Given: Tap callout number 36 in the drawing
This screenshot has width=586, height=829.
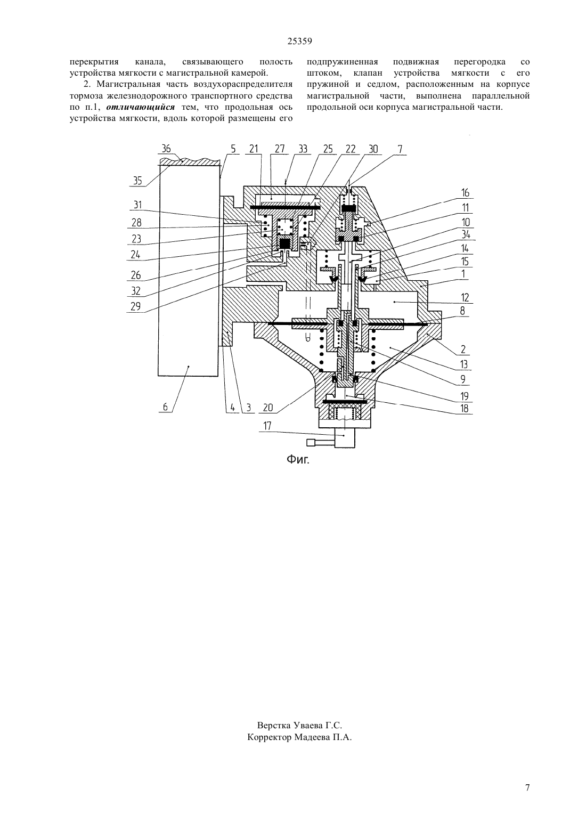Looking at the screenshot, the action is pyautogui.click(x=166, y=149).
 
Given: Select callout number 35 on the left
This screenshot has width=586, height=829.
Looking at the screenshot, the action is pyautogui.click(x=137, y=181).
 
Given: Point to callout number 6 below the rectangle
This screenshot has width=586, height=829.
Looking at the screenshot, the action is pyautogui.click(x=165, y=407).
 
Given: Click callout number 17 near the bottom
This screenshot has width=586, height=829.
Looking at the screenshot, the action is pyautogui.click(x=267, y=426).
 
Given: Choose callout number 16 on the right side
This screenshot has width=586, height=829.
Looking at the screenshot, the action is pyautogui.click(x=465, y=193).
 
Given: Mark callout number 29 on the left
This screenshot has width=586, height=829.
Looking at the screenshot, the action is pyautogui.click(x=136, y=307).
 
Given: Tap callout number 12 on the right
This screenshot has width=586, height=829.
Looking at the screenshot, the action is pyautogui.click(x=465, y=297).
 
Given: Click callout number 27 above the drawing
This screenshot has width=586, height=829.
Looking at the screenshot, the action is pyautogui.click(x=280, y=149).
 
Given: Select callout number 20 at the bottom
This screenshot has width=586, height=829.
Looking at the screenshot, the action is pyautogui.click(x=268, y=408).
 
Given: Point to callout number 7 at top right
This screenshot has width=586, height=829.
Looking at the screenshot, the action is pyautogui.click(x=400, y=149).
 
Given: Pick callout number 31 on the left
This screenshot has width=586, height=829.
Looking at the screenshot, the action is pyautogui.click(x=137, y=205).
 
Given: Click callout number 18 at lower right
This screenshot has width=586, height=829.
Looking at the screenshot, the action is pyautogui.click(x=465, y=408).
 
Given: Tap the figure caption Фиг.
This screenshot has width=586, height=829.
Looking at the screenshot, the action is pyautogui.click(x=298, y=460).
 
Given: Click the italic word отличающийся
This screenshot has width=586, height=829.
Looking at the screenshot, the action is pyautogui.click(x=141, y=107).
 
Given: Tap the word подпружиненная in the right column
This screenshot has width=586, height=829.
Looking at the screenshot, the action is pyautogui.click(x=343, y=62).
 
